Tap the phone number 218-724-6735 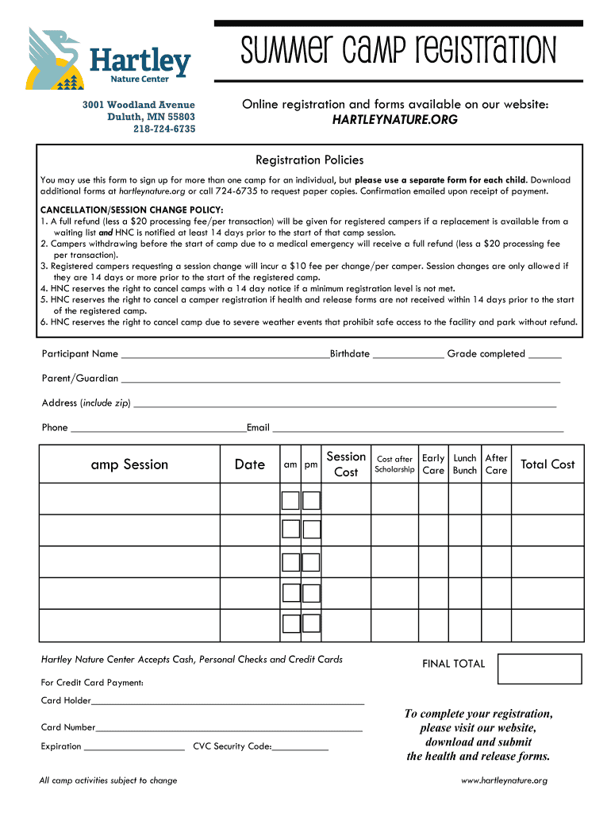point(163,129)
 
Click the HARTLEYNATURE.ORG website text point(394,120)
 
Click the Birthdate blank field point(408,355)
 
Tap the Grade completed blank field point(544,355)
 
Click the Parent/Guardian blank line point(340,380)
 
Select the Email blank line point(417,429)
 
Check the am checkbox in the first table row point(291,500)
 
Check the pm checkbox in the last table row point(312,625)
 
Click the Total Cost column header point(547,464)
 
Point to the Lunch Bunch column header point(465,464)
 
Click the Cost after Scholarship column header point(394,464)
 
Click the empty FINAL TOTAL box point(539,669)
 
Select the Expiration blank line point(133,747)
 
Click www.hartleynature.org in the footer point(504,780)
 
